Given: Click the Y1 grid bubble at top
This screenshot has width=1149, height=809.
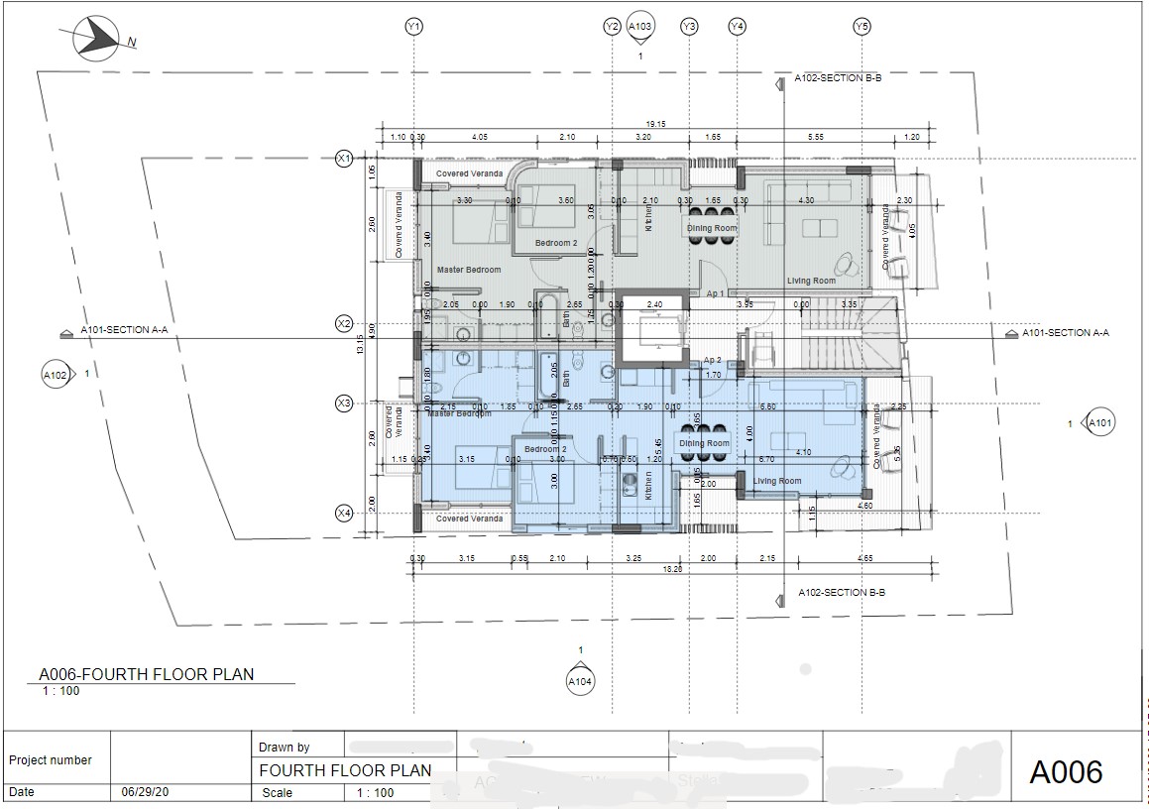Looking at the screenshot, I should pos(414,27).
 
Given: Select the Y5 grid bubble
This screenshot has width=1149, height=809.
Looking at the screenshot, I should pos(862,27).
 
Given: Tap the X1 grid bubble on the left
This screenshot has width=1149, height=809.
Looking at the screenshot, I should pos(344,159).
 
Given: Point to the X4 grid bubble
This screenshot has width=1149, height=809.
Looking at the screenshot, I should pos(344,513).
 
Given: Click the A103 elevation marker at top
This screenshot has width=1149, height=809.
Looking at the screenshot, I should pos(640,28).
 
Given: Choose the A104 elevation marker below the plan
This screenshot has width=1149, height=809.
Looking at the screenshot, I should pos(580,681).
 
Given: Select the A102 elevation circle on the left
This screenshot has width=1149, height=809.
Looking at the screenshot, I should pos(56,375).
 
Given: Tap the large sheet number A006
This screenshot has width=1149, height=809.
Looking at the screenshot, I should pos(1066,771).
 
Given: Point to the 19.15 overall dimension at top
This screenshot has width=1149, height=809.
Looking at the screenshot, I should pos(654,124).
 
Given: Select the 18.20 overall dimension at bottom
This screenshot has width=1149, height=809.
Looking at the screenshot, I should pos(672,569).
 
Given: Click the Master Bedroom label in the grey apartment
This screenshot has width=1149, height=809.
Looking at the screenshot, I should pos(469,270).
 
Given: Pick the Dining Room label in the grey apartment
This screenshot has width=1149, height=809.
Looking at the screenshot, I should pos(712,229).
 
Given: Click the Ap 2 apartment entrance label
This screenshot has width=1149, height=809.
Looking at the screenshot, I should pos(712,360).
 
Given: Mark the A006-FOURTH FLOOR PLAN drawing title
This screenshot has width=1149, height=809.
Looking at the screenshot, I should pos(146,675).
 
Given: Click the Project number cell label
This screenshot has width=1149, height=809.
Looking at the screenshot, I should pos(51,760).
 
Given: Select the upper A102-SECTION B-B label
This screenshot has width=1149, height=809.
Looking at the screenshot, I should pos(838,77).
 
